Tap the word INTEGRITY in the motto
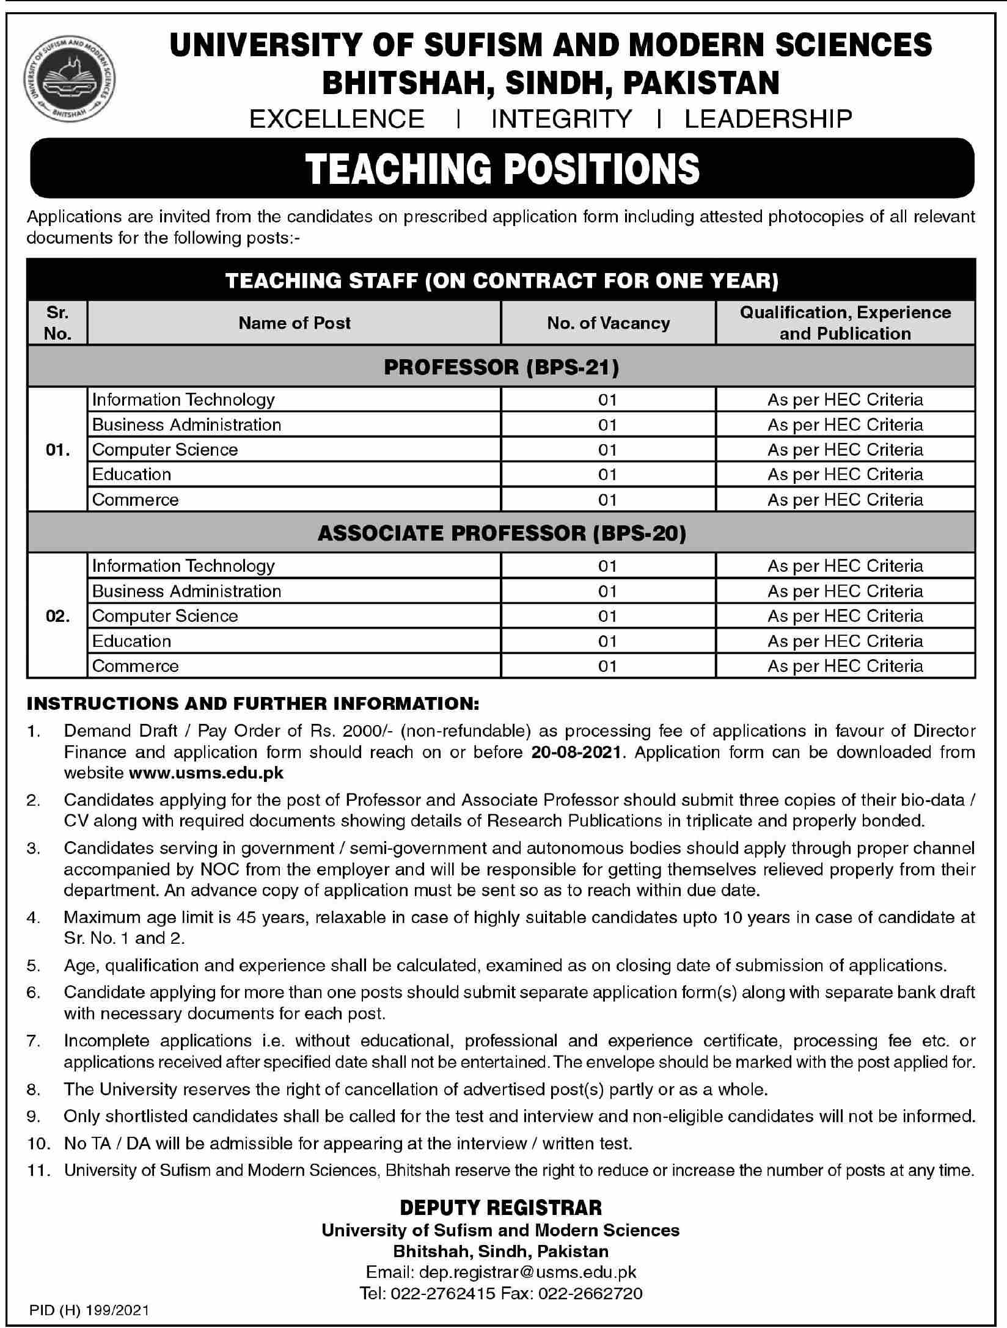562,119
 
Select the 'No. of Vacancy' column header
608,323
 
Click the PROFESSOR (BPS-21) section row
501,367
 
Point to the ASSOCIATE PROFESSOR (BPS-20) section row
501,533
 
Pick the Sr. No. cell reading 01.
57,450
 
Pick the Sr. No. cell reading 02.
57,616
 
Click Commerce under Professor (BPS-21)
136,500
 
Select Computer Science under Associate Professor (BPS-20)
165,616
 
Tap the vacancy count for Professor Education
607,475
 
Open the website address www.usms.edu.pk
207,773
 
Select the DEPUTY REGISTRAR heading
501,1208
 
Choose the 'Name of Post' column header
295,323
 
